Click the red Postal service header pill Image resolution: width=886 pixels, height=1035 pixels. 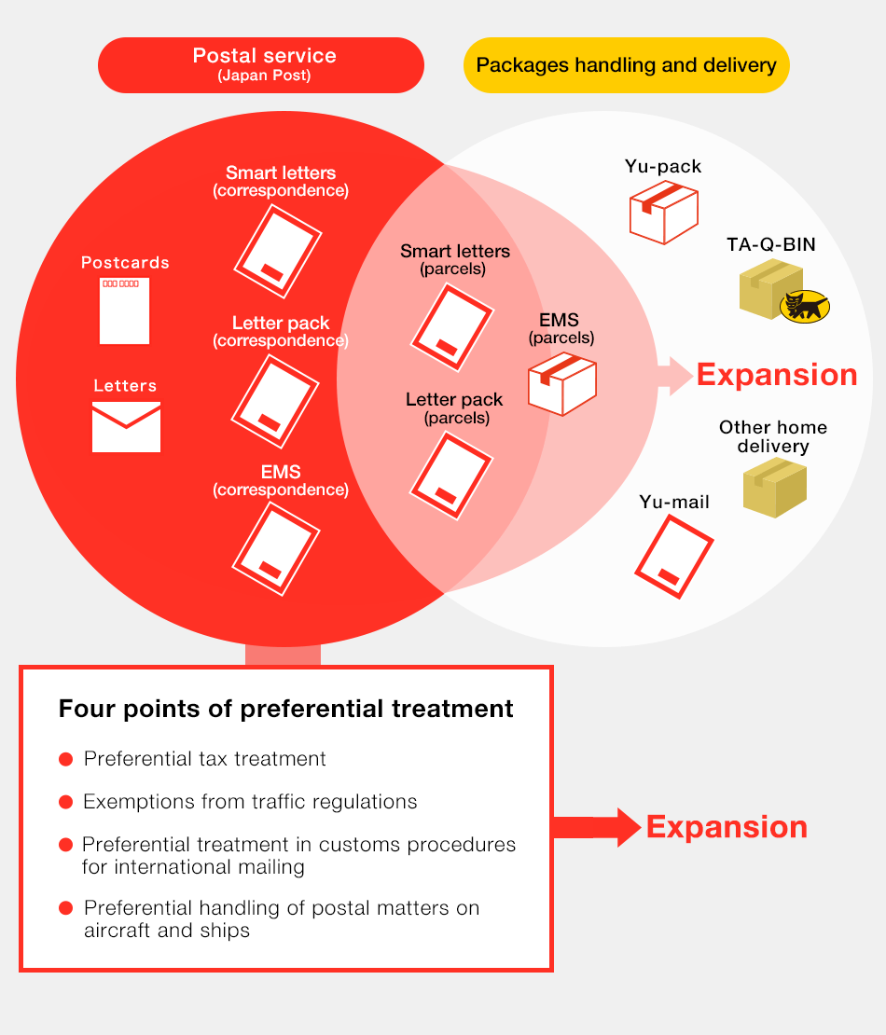coord(261,64)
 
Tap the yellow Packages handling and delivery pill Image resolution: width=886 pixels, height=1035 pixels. coord(626,65)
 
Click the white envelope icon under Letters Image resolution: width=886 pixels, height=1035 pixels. coord(126,427)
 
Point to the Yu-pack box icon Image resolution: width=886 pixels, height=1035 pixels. coord(663,212)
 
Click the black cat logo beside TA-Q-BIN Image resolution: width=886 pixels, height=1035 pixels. coord(804,306)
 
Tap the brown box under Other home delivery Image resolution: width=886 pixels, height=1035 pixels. coord(774,487)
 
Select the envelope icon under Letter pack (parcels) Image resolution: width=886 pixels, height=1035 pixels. coord(451,475)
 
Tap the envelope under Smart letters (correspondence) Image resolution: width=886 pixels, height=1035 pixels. coord(277,251)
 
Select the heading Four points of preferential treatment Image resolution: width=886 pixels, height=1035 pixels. coord(285,709)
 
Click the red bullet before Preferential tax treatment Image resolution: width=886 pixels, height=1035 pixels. coord(65,760)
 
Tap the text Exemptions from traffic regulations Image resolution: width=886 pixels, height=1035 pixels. coord(250,802)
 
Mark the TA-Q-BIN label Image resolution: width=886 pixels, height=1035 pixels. coord(770,245)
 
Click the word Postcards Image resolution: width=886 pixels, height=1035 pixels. coord(125,263)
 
